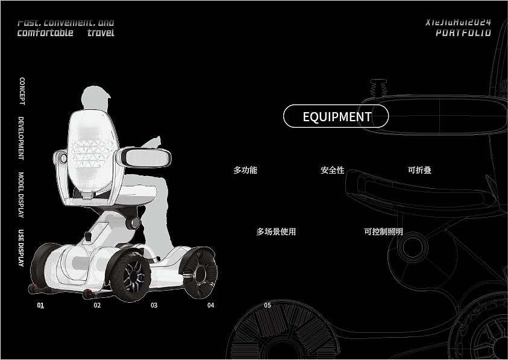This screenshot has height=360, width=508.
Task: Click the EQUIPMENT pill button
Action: click(336, 116)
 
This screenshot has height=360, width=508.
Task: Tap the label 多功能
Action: click(245, 171)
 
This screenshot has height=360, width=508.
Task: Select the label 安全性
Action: click(332, 171)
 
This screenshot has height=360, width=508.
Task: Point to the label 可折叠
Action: click(419, 171)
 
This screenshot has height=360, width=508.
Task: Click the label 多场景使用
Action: click(276, 232)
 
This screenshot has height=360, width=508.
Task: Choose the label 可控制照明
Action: click(383, 232)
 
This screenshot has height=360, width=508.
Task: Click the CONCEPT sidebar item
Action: click(22, 91)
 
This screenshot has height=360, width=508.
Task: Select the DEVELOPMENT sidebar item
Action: click(21, 138)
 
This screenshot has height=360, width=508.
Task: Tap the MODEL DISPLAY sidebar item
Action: click(21, 195)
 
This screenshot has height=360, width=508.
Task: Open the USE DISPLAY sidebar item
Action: click(21, 248)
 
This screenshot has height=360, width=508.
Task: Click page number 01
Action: click(40, 305)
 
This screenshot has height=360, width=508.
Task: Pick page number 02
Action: click(97, 305)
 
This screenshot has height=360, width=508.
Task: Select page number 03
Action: click(154, 305)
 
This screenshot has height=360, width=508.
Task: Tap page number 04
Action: click(210, 305)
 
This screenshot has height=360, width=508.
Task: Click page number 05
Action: click(268, 305)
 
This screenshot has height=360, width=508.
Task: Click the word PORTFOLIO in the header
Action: click(463, 33)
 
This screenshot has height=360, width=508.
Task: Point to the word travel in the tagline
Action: click(101, 33)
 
